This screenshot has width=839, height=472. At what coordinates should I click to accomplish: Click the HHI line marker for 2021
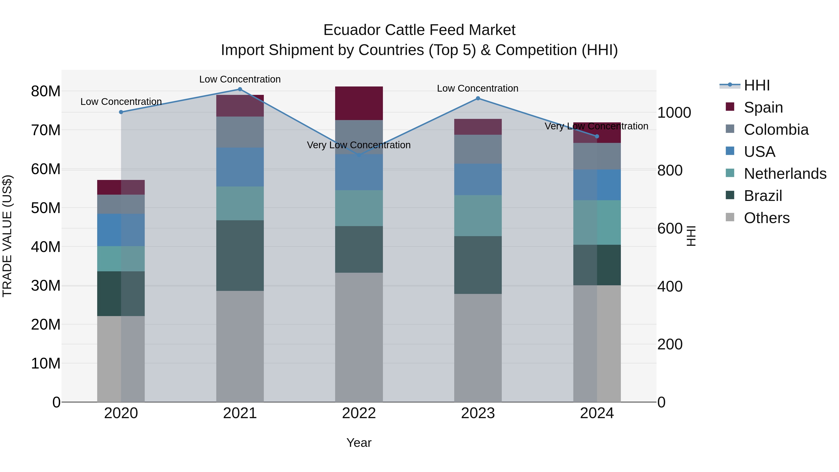pos(240,89)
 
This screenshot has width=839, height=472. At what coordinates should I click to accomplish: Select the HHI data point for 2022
pos(359,155)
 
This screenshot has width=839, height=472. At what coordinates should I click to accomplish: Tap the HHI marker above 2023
pos(478,98)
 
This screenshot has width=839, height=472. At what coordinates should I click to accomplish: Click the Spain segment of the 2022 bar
pos(359,103)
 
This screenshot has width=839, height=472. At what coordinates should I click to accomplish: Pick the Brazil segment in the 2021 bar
pos(240,255)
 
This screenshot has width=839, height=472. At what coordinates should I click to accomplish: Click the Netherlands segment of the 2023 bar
pos(478,216)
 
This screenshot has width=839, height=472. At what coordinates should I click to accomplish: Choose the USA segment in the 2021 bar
pos(240,167)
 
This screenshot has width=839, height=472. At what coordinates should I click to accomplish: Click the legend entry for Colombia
pos(776,130)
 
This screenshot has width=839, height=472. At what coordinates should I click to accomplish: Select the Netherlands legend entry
pos(785,174)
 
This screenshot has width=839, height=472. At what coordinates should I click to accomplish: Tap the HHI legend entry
pos(756,85)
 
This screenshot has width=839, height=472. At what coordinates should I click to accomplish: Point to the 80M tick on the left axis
pos(46,91)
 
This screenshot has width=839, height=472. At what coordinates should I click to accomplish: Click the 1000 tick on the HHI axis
pos(674,113)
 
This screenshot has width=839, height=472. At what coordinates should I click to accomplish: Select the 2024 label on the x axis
pos(597,413)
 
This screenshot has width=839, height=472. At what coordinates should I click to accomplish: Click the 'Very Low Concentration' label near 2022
pos(359,145)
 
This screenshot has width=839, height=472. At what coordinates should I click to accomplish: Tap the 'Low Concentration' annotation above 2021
pos(240,79)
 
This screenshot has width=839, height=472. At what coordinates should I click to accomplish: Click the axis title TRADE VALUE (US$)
pos(7,236)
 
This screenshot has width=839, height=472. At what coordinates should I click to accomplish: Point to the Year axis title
pos(359,443)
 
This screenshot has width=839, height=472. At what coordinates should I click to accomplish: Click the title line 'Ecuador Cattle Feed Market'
pos(419,30)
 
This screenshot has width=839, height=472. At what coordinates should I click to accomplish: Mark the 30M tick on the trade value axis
pos(46,286)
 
